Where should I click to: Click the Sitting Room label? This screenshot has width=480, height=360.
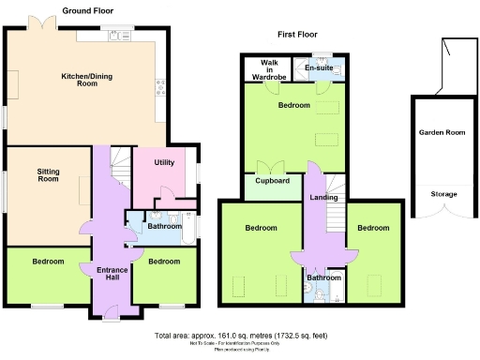49,176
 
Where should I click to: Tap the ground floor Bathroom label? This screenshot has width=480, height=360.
164,226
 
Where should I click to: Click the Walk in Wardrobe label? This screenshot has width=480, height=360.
270,68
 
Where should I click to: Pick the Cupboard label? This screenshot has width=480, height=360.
272,182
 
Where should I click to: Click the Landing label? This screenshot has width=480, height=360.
322,197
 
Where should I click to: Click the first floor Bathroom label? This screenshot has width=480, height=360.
324,278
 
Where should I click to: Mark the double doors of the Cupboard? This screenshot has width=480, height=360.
272,168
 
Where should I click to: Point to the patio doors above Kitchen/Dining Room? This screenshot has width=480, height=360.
41,21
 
